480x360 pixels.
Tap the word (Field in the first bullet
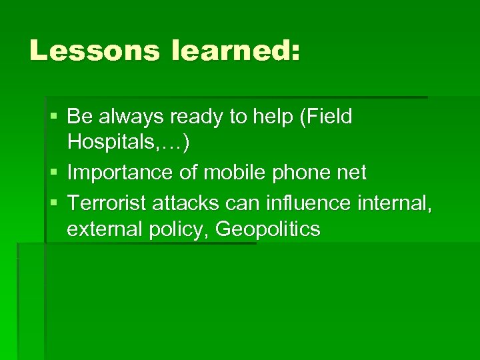pos(326,117)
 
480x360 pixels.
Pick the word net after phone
pos(352,173)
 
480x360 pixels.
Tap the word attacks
pos(189,201)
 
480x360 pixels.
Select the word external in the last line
pos(103,229)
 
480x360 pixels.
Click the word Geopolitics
pos(269,229)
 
